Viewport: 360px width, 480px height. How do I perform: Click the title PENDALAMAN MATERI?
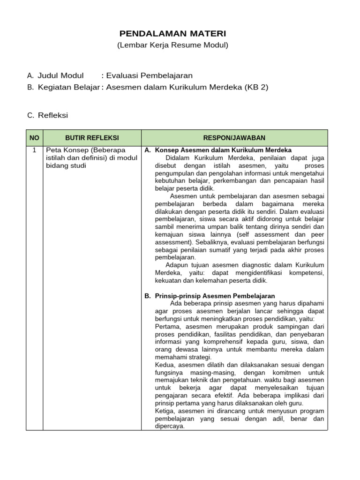(x=172, y=34)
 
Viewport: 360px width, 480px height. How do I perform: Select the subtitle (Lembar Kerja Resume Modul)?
(x=172, y=45)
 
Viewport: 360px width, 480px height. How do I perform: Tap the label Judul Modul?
(x=60, y=75)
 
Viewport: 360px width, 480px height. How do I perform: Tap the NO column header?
(x=35, y=138)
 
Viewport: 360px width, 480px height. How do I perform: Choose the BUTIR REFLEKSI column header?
(x=92, y=138)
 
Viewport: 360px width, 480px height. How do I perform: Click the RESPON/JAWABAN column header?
(x=234, y=138)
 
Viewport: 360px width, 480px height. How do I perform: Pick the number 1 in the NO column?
(x=34, y=150)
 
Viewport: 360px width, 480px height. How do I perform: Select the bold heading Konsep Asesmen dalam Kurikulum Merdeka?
(x=223, y=150)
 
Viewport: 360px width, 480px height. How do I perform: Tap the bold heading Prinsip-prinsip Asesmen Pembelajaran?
(x=215, y=296)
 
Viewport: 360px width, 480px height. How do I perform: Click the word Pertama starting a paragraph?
(x=167, y=326)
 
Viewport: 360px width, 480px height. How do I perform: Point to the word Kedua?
(x=165, y=365)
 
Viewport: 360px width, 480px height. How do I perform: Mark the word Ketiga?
(x=165, y=411)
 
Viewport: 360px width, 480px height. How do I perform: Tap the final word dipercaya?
(x=169, y=426)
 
